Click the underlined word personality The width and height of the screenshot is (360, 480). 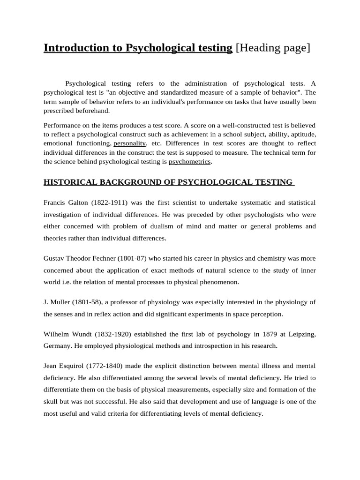(130, 143)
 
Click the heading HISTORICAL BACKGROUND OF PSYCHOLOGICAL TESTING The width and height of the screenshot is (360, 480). (168, 182)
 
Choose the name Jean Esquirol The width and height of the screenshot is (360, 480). (64, 365)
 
